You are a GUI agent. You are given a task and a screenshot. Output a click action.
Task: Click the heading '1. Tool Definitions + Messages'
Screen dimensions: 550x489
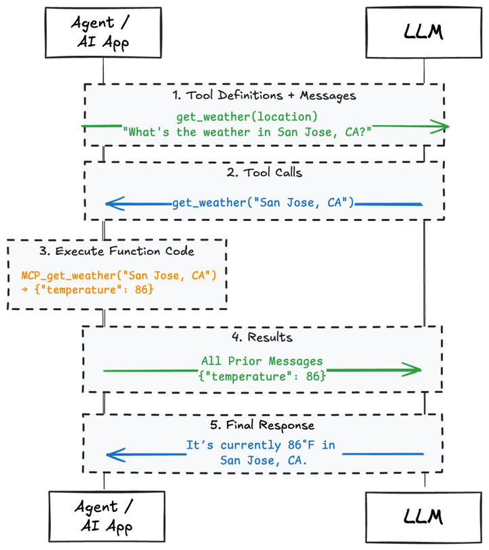pyautogui.click(x=264, y=95)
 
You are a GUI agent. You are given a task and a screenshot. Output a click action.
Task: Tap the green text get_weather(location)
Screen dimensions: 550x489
pyautogui.click(x=247, y=116)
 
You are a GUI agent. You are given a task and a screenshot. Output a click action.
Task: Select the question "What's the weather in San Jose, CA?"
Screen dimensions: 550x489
pyautogui.click(x=247, y=132)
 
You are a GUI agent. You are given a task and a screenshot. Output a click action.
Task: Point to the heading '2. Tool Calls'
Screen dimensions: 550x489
pyautogui.click(x=264, y=173)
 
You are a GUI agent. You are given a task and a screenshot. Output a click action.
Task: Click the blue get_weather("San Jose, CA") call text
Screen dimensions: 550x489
pyautogui.click(x=264, y=203)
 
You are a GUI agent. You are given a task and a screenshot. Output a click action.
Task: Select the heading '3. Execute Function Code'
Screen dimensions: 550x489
pyautogui.click(x=117, y=252)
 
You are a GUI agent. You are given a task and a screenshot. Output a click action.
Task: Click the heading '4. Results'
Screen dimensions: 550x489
pyautogui.click(x=264, y=337)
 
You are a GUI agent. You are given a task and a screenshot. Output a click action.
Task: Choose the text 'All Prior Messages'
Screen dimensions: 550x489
pyautogui.click(x=261, y=361)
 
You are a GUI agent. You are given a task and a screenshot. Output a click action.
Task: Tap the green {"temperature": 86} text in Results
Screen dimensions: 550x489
pyautogui.click(x=261, y=376)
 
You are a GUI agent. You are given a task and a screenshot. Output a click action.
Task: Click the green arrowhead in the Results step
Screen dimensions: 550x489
pyautogui.click(x=413, y=370)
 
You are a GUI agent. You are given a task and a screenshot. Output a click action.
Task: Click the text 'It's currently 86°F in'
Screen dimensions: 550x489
pyautogui.click(x=261, y=445)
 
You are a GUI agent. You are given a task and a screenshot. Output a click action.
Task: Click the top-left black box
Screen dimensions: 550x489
pyautogui.click(x=103, y=33)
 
